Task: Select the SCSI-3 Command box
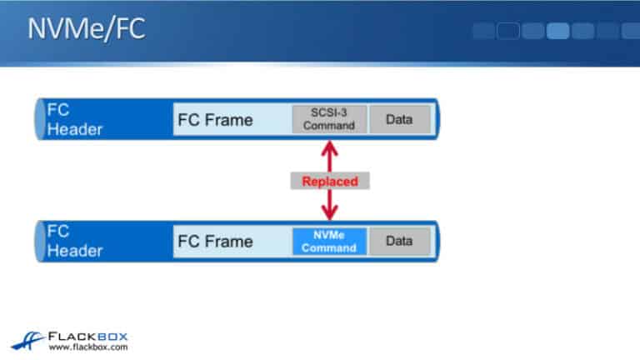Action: [x=328, y=119]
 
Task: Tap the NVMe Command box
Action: [x=328, y=242]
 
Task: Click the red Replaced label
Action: [x=329, y=181]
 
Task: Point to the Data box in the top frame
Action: [x=399, y=119]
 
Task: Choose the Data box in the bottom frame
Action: [x=399, y=242]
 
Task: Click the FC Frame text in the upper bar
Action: [x=215, y=119]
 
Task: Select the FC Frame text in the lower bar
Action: [x=215, y=242]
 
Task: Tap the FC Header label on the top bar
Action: [x=74, y=119]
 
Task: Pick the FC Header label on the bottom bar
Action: [x=74, y=242]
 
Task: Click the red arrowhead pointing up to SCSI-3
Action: [x=329, y=147]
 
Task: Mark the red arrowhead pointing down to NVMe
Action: [x=329, y=214]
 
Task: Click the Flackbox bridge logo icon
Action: [x=28, y=338]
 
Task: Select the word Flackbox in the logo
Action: [x=87, y=334]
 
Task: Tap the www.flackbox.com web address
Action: [x=87, y=347]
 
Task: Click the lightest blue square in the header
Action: [x=557, y=32]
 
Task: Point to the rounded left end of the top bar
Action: [x=39, y=119]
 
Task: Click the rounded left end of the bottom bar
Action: [x=39, y=242]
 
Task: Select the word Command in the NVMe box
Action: [x=328, y=247]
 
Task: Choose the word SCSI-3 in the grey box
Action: [x=328, y=113]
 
